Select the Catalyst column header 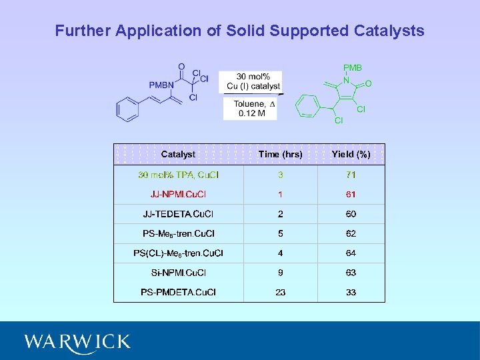pyautogui.click(x=178, y=154)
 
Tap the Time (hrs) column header pyautogui.click(x=280, y=154)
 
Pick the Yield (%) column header pyautogui.click(x=351, y=154)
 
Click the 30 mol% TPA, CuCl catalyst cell pyautogui.click(x=178, y=175)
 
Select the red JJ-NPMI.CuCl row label pyautogui.click(x=178, y=194)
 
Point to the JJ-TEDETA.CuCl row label pyautogui.click(x=178, y=214)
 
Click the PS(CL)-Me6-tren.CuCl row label pyautogui.click(x=178, y=253)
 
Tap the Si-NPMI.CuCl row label pyautogui.click(x=178, y=273)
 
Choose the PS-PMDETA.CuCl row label pyautogui.click(x=178, y=292)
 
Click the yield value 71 pyautogui.click(x=351, y=175)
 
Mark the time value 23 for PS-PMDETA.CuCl pyautogui.click(x=281, y=292)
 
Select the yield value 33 pyautogui.click(x=351, y=292)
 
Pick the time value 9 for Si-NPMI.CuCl pyautogui.click(x=281, y=273)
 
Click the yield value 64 pyautogui.click(x=351, y=253)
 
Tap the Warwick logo pyautogui.click(x=77, y=342)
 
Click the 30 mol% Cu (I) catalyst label pyautogui.click(x=253, y=81)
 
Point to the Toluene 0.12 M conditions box pyautogui.click(x=249, y=109)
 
